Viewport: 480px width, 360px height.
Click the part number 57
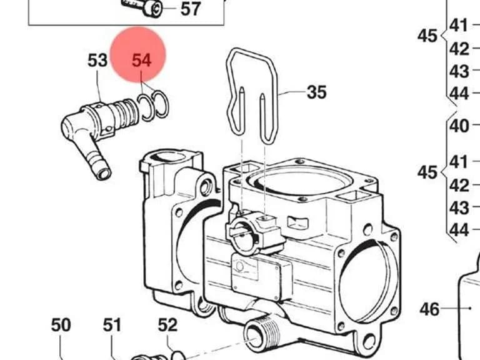click(191, 9)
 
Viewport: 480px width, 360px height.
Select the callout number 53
click(97, 60)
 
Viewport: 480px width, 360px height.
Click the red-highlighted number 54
click(141, 60)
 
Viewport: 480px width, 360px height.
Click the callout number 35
click(316, 92)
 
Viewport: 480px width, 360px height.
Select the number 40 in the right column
click(459, 126)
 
